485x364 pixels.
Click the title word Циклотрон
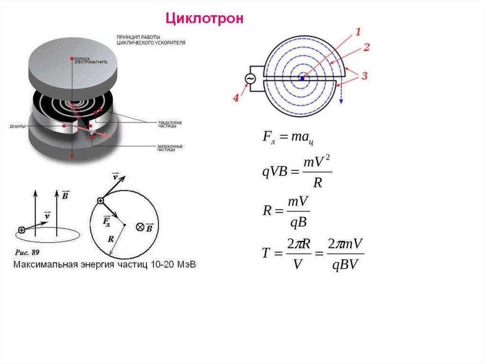pyautogui.click(x=204, y=19)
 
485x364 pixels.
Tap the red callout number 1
pyautogui.click(x=358, y=32)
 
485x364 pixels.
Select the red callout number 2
pyautogui.click(x=366, y=47)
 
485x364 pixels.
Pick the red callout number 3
pyautogui.click(x=364, y=75)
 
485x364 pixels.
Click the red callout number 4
pyautogui.click(x=236, y=98)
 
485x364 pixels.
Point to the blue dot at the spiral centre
pyautogui.click(x=302, y=78)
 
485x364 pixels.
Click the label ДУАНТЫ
pyautogui.click(x=18, y=126)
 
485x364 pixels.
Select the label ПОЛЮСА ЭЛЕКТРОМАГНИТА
pyautogui.click(x=90, y=60)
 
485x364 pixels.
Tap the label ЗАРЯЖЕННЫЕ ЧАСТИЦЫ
pyautogui.click(x=170, y=148)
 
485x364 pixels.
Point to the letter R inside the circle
pyautogui.click(x=111, y=239)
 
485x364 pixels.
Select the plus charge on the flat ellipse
pyautogui.click(x=21, y=230)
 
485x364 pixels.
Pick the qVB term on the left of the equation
pyautogui.click(x=275, y=172)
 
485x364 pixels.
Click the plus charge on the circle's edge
pyautogui.click(x=100, y=201)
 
